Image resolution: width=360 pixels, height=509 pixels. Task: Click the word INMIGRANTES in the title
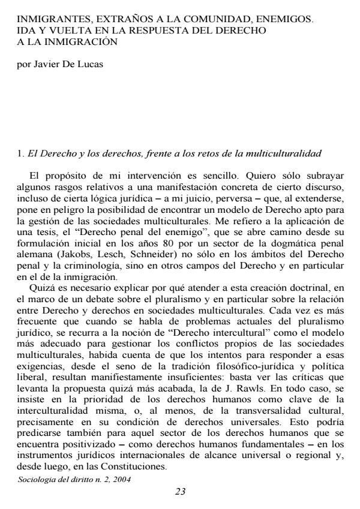click(50, 19)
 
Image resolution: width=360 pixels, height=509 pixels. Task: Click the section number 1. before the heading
click(20, 154)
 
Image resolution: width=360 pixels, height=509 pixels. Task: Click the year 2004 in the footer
click(122, 480)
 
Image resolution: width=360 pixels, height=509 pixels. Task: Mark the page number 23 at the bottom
click(180, 492)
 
